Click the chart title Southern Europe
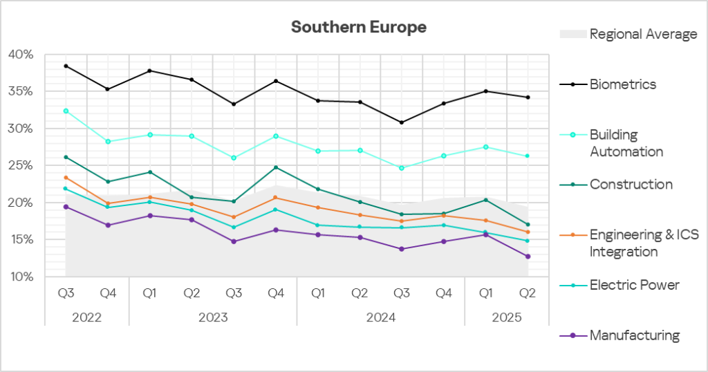358,27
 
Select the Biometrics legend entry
622,84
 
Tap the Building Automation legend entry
626,142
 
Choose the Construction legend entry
631,185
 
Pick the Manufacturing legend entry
634,335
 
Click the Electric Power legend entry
634,285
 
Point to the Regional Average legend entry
643,34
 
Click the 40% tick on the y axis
20,55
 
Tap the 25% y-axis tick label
20,166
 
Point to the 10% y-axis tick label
20,277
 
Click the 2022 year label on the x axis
86,317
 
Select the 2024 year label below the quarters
380,317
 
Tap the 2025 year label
506,317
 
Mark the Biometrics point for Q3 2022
66,66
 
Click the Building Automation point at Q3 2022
66,111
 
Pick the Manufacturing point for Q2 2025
528,257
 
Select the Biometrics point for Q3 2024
402,122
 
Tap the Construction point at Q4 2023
276,167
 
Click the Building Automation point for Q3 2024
402,168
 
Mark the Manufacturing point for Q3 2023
234,241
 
